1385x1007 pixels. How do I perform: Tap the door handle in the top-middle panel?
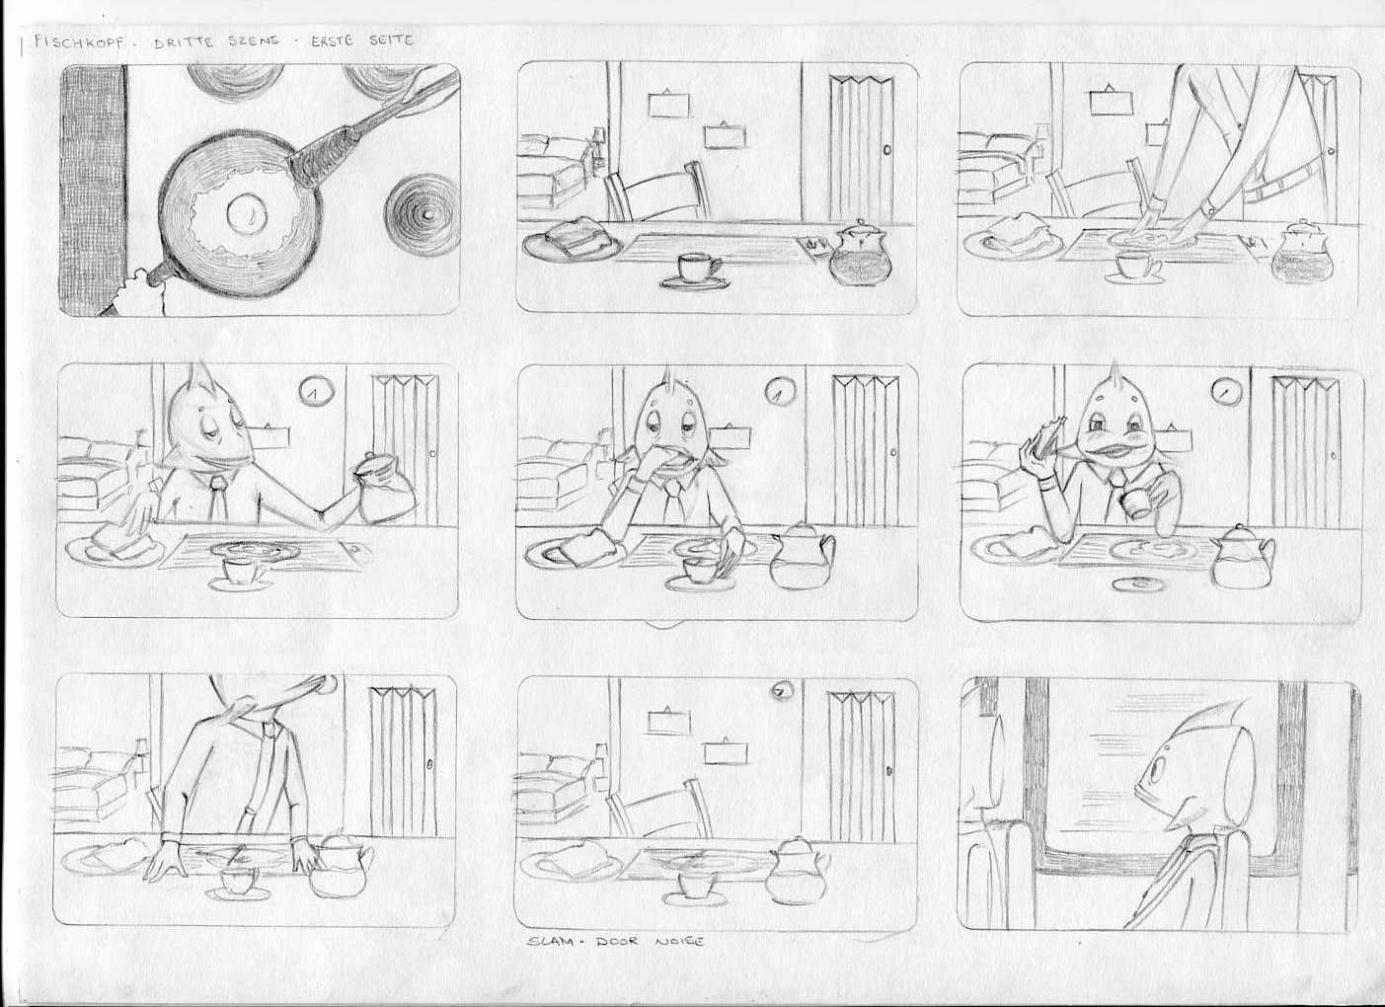[x=888, y=150]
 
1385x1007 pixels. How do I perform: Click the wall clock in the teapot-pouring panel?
[x=317, y=391]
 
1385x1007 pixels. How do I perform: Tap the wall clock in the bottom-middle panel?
[x=782, y=693]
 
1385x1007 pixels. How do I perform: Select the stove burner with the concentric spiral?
[x=423, y=214]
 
